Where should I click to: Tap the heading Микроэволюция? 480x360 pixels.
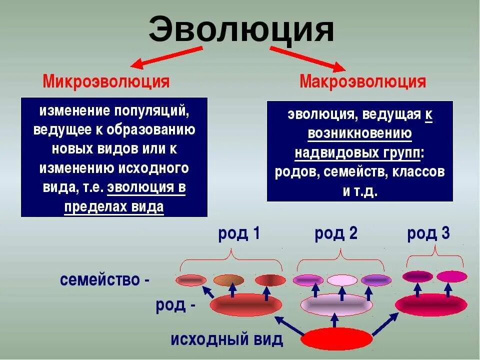coord(106,81)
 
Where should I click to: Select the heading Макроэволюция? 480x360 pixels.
coord(362,81)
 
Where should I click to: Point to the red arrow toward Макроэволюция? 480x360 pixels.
coord(307,57)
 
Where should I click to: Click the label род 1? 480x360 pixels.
coord(239,233)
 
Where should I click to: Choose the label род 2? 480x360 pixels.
coord(336,233)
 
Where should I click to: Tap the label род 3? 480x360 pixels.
coord(428,233)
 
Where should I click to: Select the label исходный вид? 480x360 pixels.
coord(227,339)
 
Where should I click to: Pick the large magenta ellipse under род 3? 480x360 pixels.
coord(431,304)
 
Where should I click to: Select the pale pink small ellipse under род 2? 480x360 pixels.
coord(342,280)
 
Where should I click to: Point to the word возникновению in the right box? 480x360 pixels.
coord(360,133)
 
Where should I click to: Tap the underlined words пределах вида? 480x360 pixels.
coord(114,206)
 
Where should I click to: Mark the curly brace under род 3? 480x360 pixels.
coord(434,257)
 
